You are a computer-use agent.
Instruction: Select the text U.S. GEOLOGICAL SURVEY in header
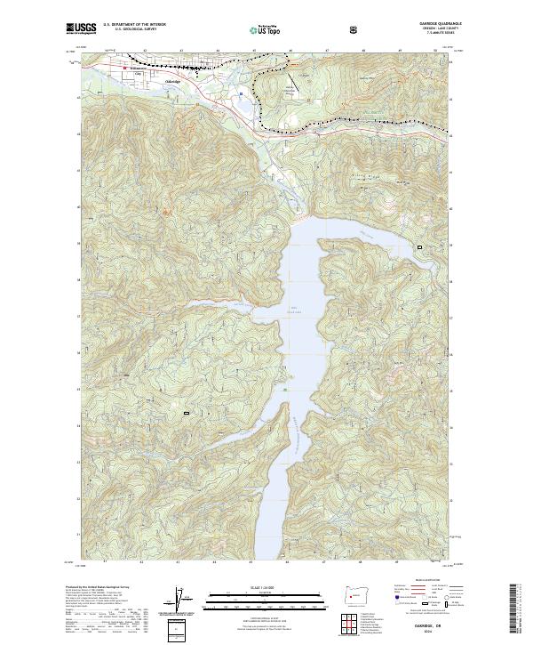[x=133, y=30]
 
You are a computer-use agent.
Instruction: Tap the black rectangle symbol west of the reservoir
[x=187, y=413]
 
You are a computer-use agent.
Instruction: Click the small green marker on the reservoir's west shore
[x=284, y=389]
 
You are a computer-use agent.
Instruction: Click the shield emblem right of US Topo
[x=355, y=30]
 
